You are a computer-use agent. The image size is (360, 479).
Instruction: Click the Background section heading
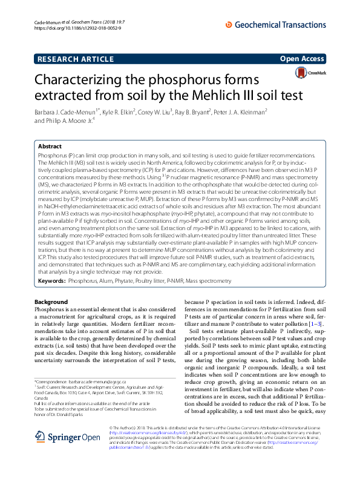tap(51, 302)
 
